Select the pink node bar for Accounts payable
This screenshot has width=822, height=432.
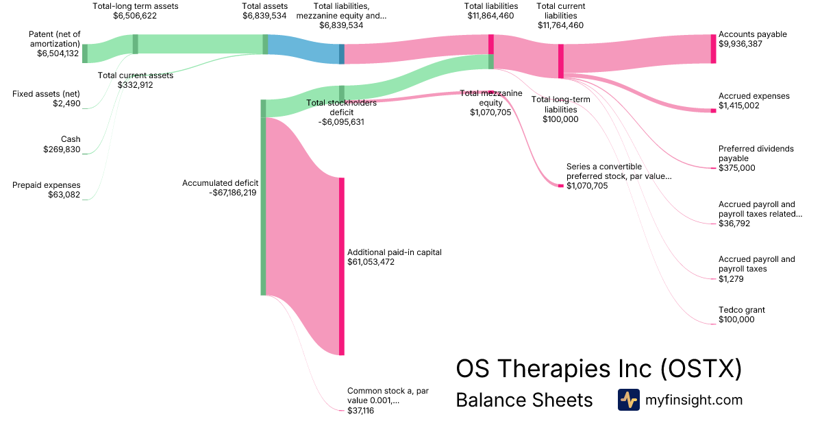pyautogui.click(x=713, y=49)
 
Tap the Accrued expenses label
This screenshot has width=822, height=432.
pyautogui.click(x=754, y=96)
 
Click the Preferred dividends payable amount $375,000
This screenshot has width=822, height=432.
pyautogui.click(x=736, y=168)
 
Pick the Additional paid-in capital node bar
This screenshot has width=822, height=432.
pyautogui.click(x=341, y=266)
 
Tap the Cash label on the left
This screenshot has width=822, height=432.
pyautogui.click(x=71, y=139)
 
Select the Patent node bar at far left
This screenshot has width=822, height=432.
pyautogui.click(x=85, y=53)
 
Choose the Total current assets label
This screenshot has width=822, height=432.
pyautogui.click(x=136, y=75)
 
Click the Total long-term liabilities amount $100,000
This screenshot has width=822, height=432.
pyautogui.click(x=560, y=119)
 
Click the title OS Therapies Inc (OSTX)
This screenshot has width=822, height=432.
pyautogui.click(x=599, y=369)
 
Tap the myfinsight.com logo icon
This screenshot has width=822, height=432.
pyautogui.click(x=628, y=400)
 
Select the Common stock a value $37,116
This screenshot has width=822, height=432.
pyautogui.click(x=360, y=410)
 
